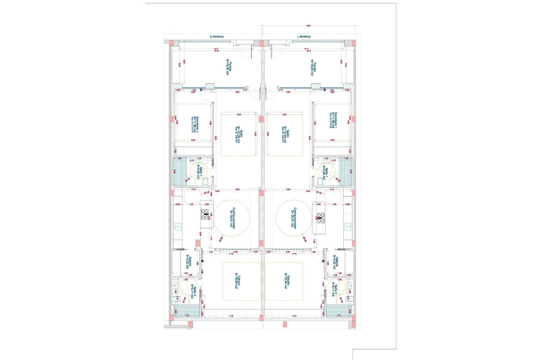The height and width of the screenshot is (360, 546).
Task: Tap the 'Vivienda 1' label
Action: [304, 37]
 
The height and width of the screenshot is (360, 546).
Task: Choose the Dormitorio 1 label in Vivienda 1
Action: [332, 120]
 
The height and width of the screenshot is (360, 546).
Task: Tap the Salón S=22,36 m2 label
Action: [239, 135]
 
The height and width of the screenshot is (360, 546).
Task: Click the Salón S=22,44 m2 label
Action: [286, 135]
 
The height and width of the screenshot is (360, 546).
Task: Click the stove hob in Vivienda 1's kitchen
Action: [320, 217]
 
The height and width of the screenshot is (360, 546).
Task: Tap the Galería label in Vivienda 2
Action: [189, 263]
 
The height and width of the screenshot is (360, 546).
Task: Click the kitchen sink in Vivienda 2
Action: [177, 227]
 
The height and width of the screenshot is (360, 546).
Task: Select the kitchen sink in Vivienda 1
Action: [348, 226]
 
